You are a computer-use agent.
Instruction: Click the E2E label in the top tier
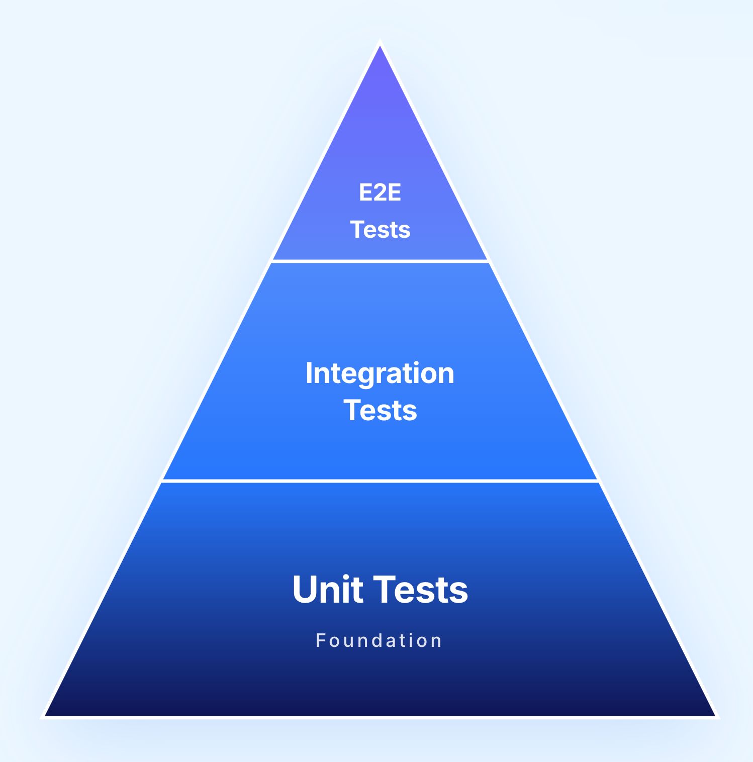tap(380, 193)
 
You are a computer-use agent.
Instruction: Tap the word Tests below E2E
tap(380, 230)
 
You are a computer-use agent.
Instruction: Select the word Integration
tap(380, 373)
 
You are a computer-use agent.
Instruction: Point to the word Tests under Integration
tap(380, 410)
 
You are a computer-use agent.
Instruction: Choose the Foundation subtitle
tap(379, 640)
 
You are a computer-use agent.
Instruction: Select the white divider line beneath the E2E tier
tap(380, 261)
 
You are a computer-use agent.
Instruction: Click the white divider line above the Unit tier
tap(380, 481)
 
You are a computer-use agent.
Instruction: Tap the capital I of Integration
tap(309, 373)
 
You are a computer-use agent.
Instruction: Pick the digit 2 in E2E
tap(380, 193)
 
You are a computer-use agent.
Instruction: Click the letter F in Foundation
tap(320, 640)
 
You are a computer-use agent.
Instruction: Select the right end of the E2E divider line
tap(488, 261)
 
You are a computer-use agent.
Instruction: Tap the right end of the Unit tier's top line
tap(598, 481)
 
